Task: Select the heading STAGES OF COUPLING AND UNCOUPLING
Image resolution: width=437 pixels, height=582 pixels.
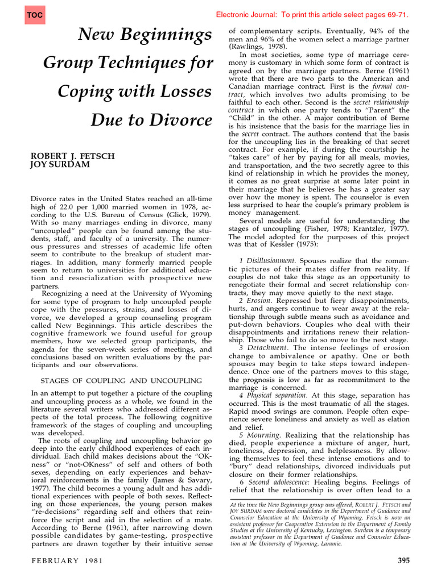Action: click(x=121, y=380)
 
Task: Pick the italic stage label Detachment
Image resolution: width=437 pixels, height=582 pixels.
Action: click(x=268, y=347)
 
